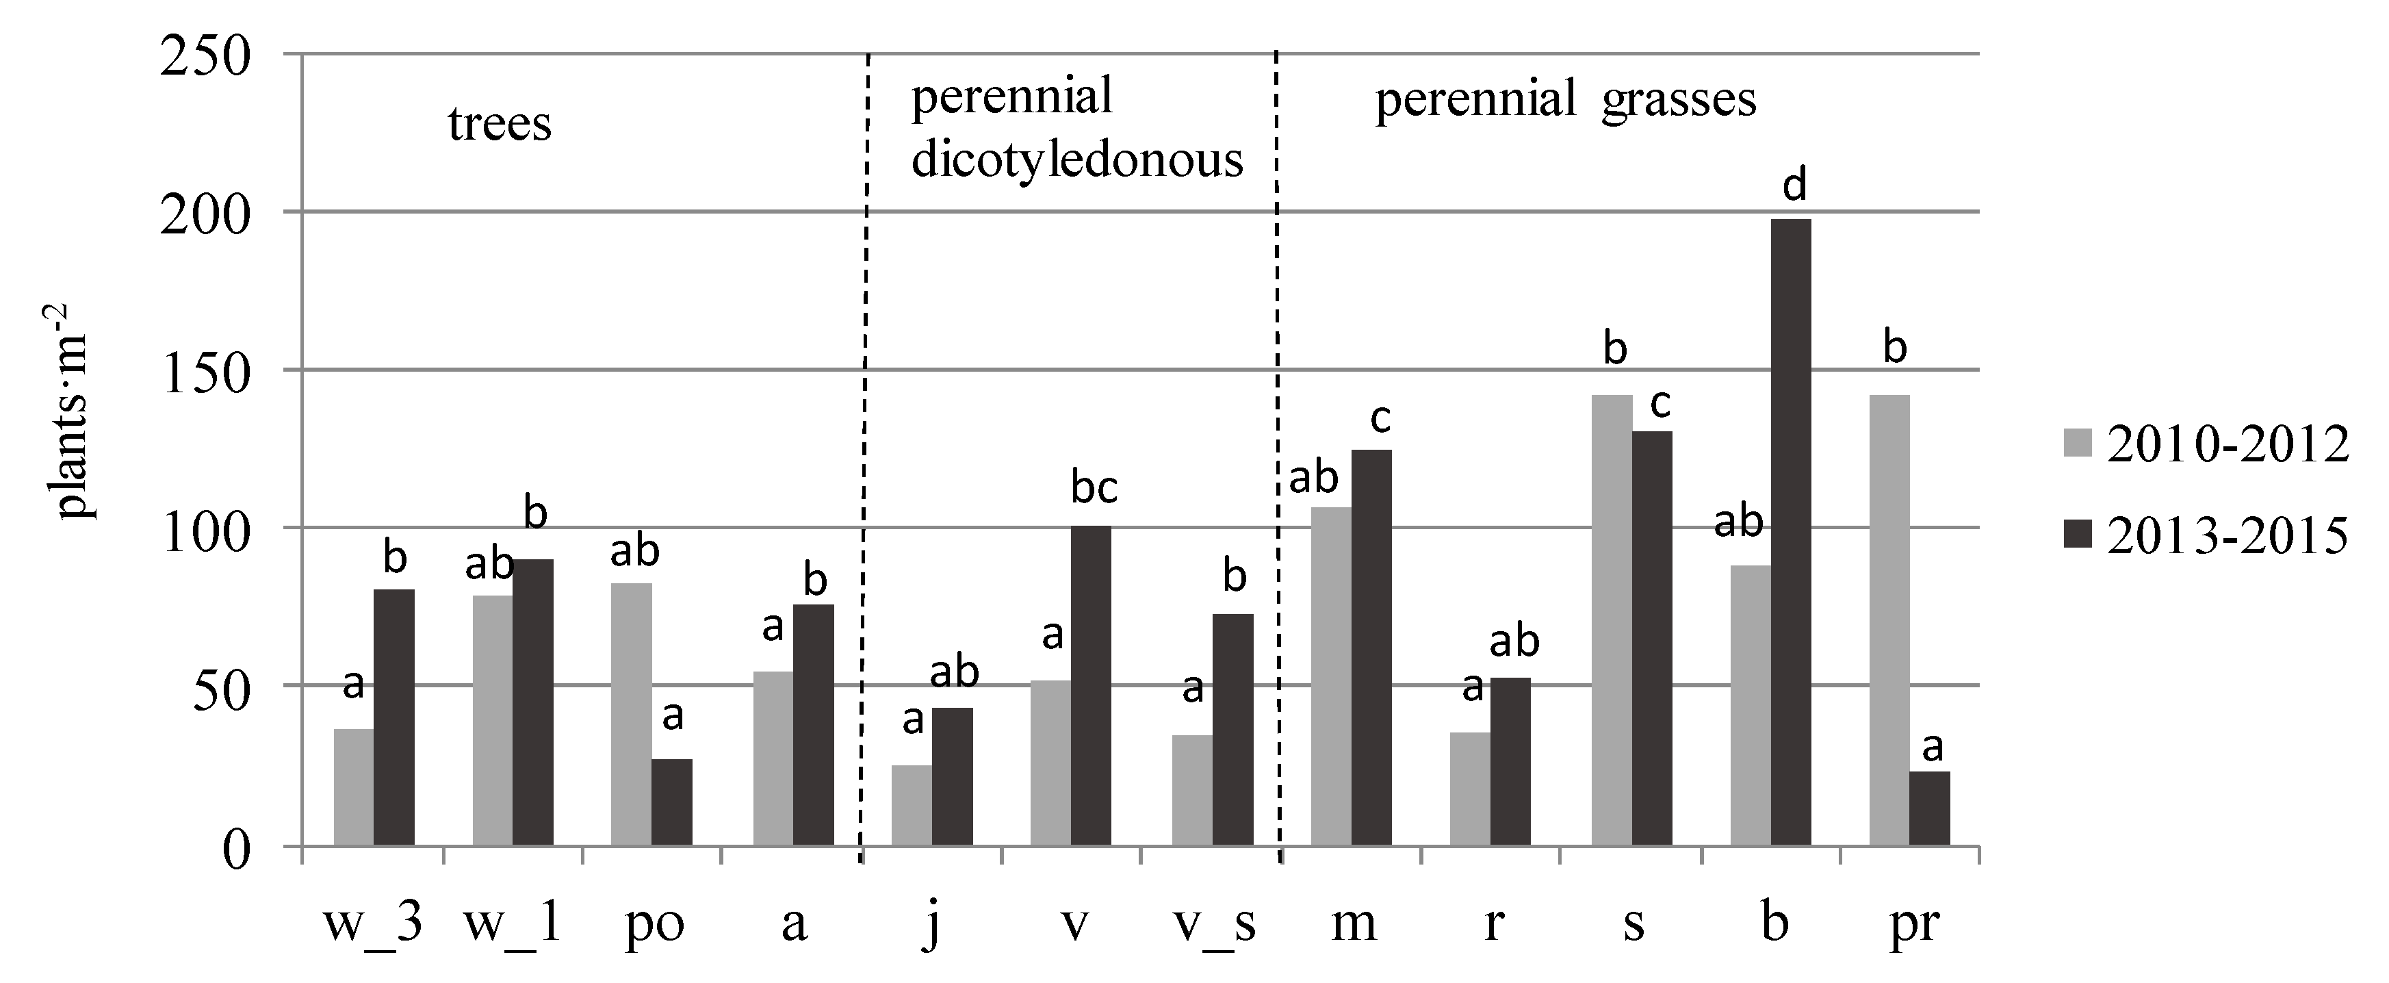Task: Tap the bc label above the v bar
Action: (1094, 489)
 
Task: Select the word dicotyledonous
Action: (1076, 159)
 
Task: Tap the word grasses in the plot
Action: (1678, 100)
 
